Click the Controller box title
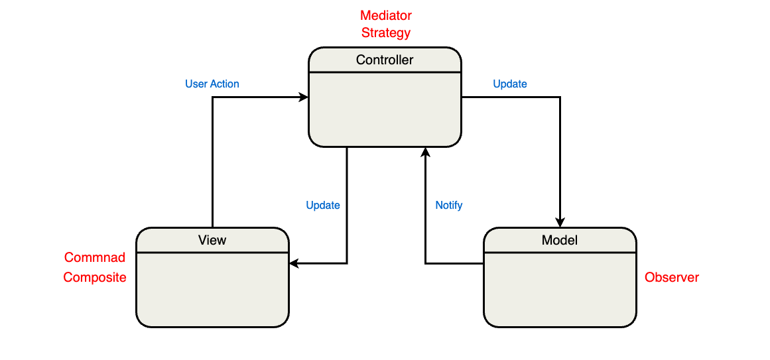point(385,60)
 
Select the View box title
point(212,240)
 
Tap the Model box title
point(560,240)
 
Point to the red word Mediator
point(385,15)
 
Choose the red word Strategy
point(385,32)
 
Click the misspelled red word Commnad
point(95,258)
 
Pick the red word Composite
point(95,278)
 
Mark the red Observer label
point(672,278)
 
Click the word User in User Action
point(196,84)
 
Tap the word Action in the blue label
point(224,84)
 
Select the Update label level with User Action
point(510,84)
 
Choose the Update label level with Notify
point(323,206)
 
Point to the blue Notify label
point(449,206)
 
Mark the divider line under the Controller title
point(385,72)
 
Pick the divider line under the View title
point(212,253)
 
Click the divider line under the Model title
point(560,253)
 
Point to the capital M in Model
point(546,240)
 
